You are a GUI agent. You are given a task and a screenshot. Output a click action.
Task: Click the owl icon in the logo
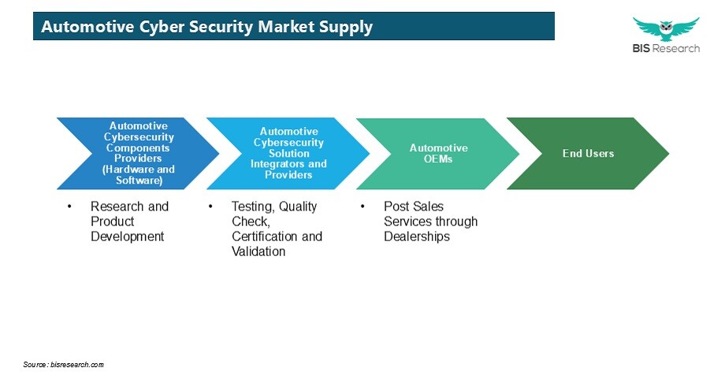tap(666, 29)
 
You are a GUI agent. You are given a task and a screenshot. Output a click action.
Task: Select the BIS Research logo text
tap(666, 48)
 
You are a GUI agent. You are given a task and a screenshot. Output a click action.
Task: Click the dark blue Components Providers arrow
tap(138, 154)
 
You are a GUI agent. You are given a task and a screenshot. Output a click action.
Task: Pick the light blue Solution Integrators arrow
tap(288, 154)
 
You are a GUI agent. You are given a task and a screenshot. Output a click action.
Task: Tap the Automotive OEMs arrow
tap(437, 154)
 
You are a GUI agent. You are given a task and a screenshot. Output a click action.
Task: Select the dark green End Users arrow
tap(588, 154)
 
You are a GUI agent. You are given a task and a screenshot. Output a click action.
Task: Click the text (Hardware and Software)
tap(139, 175)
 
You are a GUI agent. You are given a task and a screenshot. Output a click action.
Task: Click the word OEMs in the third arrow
tap(438, 159)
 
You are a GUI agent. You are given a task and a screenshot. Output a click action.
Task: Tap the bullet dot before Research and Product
tap(69, 206)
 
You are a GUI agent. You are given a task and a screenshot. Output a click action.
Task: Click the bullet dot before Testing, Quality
tap(210, 206)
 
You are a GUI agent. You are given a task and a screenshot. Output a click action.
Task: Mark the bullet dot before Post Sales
tap(362, 206)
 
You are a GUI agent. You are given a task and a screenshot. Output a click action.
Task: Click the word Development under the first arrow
tap(127, 236)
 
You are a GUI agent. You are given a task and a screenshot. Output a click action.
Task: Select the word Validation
tap(258, 251)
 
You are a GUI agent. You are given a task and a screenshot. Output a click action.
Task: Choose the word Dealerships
tap(417, 236)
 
